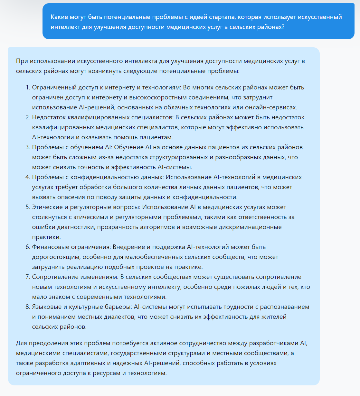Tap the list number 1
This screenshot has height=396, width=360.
point(28,87)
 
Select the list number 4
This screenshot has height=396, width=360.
point(28,177)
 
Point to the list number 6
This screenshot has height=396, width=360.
point(28,247)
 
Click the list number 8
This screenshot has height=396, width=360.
point(28,307)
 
